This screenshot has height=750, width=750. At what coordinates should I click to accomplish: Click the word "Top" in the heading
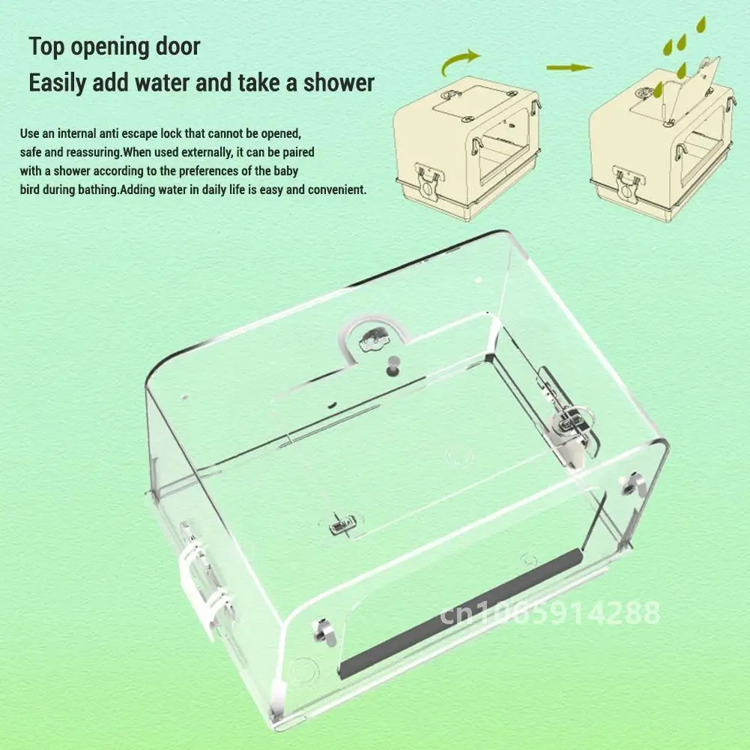46,47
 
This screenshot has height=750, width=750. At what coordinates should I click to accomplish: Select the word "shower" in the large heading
339,82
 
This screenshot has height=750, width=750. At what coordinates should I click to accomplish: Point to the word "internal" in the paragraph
76,133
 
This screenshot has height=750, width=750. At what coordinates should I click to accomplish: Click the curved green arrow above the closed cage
459,61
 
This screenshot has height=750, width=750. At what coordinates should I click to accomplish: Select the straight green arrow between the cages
569,67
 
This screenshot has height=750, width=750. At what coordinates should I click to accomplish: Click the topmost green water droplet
701,25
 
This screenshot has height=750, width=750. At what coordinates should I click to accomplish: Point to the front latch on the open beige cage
627,184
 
